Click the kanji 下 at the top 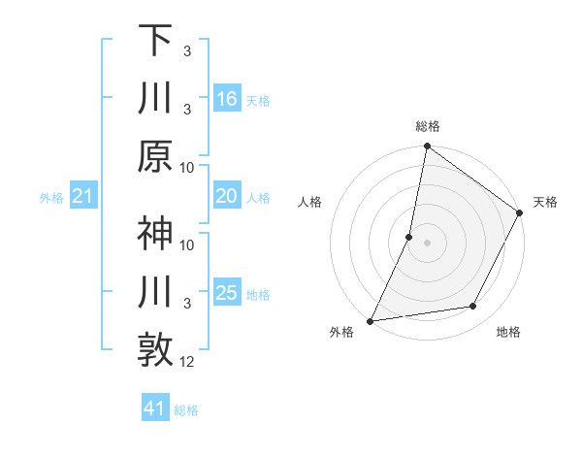(155, 41)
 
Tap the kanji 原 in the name (155, 156)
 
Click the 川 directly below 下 (155, 98)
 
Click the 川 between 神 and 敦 (155, 293)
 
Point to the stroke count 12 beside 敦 (188, 362)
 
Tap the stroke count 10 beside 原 (188, 167)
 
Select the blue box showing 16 (227, 99)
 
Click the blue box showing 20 (227, 197)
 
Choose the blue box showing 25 (227, 293)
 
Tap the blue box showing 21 (83, 197)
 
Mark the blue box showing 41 (155, 408)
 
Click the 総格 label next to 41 (186, 410)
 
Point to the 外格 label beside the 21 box (51, 198)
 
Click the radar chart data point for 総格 (427, 147)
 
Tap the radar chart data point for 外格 (370, 320)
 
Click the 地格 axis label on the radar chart (508, 333)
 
